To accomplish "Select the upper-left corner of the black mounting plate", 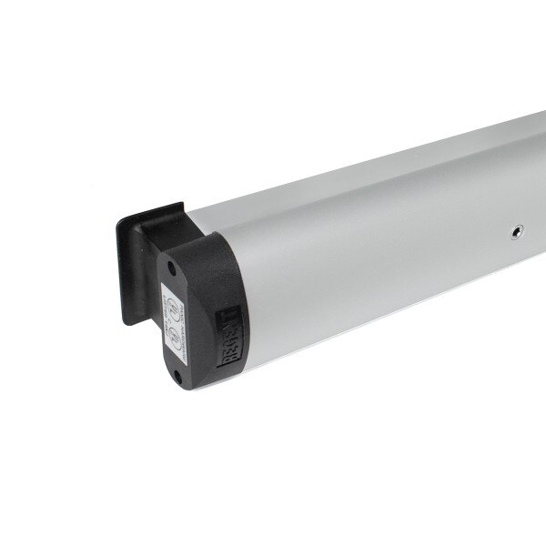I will pyautogui.click(x=117, y=219).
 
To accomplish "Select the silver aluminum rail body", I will pyautogui.click(x=382, y=246).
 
